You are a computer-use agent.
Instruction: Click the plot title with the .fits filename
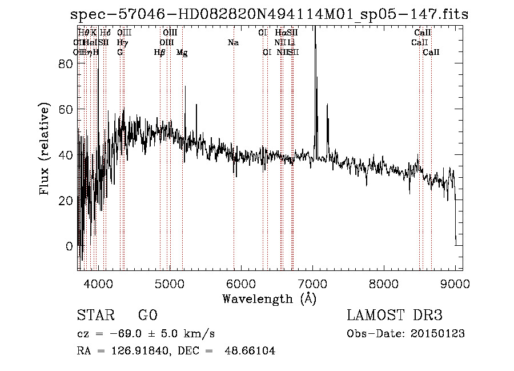click(x=269, y=15)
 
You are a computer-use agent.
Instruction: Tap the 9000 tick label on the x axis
click(x=455, y=283)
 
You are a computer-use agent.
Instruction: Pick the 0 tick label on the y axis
click(x=70, y=247)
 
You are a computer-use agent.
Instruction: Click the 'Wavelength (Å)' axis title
click(x=269, y=298)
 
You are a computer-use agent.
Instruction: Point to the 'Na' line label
click(x=233, y=42)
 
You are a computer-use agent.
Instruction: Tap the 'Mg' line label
click(x=182, y=53)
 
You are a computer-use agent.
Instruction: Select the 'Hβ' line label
click(x=160, y=53)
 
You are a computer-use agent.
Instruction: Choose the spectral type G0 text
click(x=147, y=316)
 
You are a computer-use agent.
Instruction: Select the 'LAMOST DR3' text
click(x=395, y=316)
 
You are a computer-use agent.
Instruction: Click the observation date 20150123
click(x=437, y=334)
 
